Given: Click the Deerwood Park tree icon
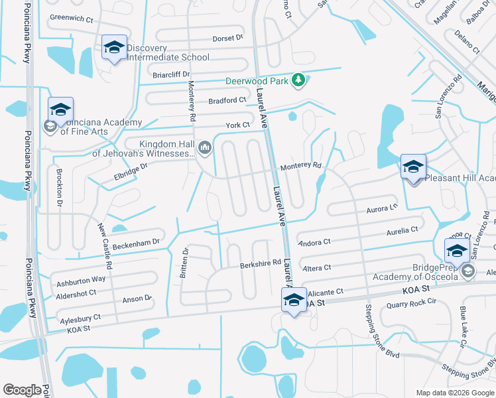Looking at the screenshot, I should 299,80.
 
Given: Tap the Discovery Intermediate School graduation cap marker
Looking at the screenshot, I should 114,48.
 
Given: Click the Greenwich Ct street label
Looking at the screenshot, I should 71,19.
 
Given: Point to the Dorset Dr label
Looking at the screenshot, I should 227,38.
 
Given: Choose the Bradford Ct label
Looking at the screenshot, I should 227,101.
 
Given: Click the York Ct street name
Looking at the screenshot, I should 237,125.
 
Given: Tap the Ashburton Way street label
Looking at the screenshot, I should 81,279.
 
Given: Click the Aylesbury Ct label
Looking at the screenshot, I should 78,318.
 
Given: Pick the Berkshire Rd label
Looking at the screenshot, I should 261,263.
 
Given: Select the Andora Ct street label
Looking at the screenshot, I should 315,243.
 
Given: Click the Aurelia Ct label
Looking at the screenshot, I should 403,230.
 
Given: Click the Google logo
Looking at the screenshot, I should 22,390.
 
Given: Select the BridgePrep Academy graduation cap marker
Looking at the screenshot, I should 456,251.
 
